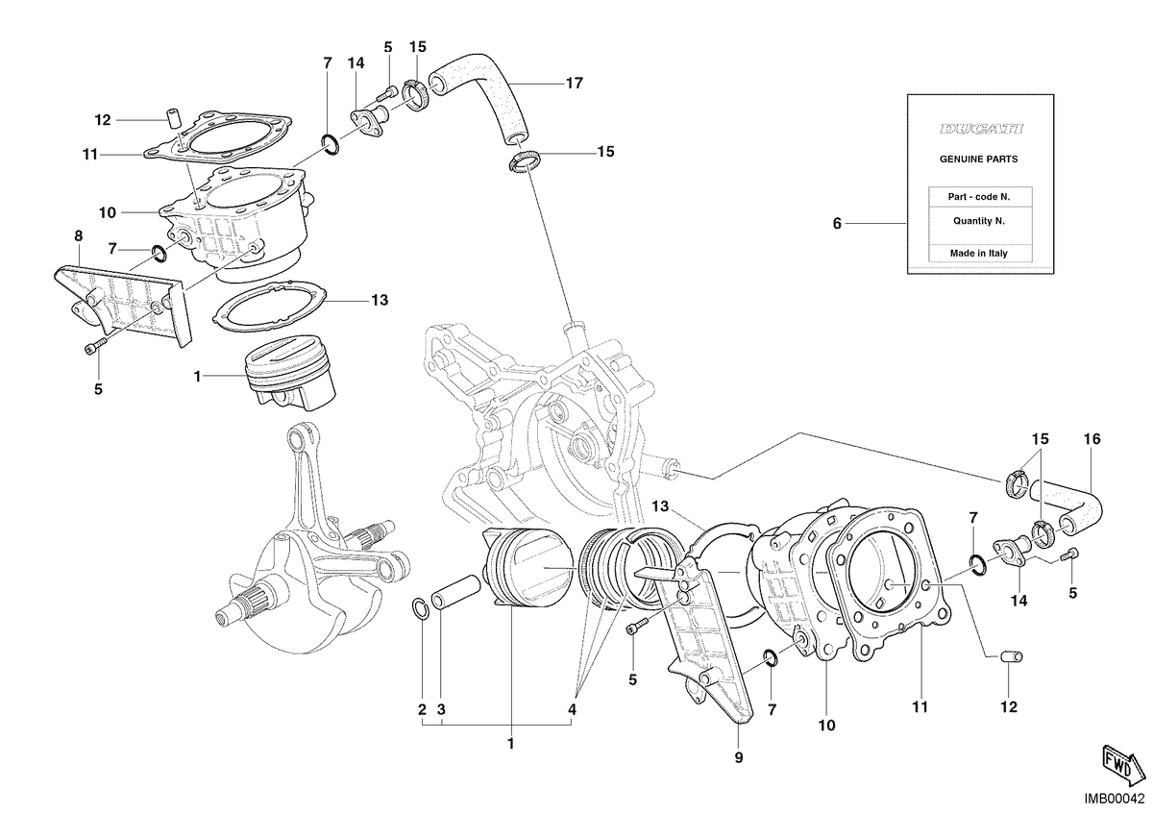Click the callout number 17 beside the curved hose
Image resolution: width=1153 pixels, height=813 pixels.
click(574, 83)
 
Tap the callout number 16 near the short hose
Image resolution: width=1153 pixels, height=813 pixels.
click(1092, 439)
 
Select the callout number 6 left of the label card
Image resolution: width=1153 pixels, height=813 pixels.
click(837, 224)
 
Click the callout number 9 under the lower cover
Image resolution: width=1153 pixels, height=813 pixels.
click(739, 757)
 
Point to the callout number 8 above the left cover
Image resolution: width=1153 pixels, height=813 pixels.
click(78, 235)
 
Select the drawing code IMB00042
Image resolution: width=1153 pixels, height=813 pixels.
click(1114, 800)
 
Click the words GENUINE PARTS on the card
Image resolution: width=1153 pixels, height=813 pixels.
click(978, 160)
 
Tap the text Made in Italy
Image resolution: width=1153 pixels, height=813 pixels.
click(978, 254)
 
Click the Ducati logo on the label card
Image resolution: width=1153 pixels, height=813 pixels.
click(981, 129)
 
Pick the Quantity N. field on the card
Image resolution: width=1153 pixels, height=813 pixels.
click(978, 221)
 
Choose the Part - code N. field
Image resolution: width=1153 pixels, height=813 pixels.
click(978, 197)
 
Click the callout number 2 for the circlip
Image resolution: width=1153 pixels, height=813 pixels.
click(422, 709)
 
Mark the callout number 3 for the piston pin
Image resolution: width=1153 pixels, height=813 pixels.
click(441, 709)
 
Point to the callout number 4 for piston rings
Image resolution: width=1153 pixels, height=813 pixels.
click(572, 709)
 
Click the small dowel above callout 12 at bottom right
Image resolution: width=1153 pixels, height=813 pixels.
click(1012, 657)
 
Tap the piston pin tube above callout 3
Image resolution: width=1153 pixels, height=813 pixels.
click(456, 592)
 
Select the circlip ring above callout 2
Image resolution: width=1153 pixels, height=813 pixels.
click(420, 610)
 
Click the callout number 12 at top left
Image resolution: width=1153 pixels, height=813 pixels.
click(103, 120)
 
